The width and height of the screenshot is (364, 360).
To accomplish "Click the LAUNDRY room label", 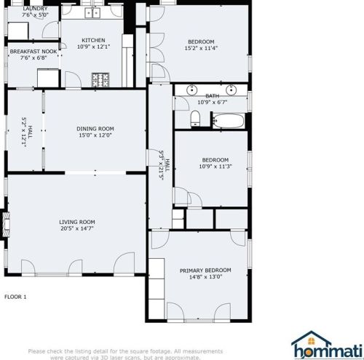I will pyautogui.click(x=34, y=8).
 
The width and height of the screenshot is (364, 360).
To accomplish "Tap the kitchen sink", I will pyautogui.click(x=94, y=13).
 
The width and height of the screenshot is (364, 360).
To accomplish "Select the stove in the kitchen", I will pyautogui.click(x=100, y=77).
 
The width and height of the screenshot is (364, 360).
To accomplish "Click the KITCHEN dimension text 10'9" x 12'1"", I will pyautogui.click(x=93, y=47).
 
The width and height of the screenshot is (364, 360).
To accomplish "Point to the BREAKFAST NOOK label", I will pyautogui.click(x=33, y=52).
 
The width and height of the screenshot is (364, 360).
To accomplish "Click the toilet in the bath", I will pyautogui.click(x=194, y=119).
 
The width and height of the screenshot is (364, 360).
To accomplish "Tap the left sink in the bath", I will pyautogui.click(x=191, y=90).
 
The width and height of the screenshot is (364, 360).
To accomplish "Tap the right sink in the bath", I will pyautogui.click(x=232, y=90).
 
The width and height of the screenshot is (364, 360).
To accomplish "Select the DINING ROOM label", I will pyautogui.click(x=96, y=128).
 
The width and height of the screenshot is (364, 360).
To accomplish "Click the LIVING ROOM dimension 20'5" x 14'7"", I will pyautogui.click(x=77, y=229).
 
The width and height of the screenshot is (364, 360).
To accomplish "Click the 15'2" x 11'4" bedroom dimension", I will pyautogui.click(x=201, y=48).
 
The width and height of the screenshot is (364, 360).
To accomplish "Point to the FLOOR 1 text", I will pyautogui.click(x=15, y=297).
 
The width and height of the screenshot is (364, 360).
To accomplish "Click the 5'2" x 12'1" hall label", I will pyautogui.click(x=27, y=132).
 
